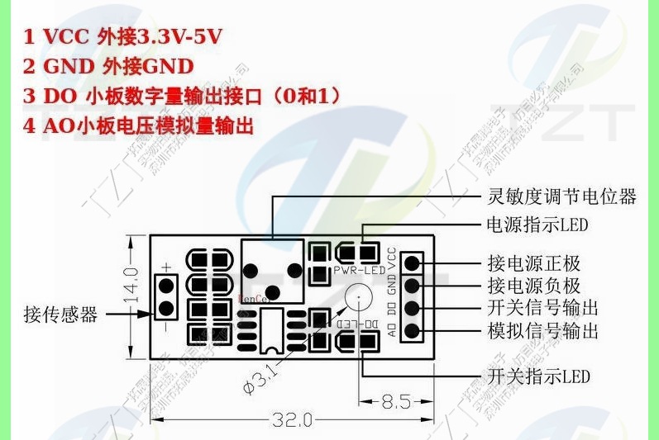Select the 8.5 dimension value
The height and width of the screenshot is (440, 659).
(x=397, y=403)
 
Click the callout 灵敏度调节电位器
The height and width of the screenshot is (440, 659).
(x=561, y=196)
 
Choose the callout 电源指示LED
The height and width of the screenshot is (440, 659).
(x=537, y=224)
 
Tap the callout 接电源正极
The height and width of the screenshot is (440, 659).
(x=533, y=263)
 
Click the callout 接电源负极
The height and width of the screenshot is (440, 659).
(x=533, y=286)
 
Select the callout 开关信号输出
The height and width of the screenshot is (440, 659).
(x=542, y=309)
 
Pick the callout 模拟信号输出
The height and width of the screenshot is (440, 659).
(x=542, y=331)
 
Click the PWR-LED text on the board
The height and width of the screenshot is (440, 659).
(x=360, y=271)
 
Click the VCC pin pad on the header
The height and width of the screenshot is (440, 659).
(x=412, y=263)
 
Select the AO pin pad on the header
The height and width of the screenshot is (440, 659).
(x=412, y=332)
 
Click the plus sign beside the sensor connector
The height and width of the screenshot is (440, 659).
(x=166, y=266)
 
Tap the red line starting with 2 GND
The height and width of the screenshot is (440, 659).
(x=108, y=66)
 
